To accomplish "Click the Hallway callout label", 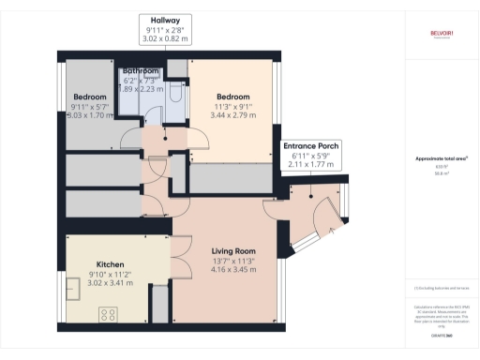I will tap(166, 20).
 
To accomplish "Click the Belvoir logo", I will tap(442, 33).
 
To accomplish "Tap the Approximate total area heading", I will tap(442, 159).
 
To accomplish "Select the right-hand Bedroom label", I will tap(232, 97).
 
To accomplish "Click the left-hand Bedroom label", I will tap(90, 96).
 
